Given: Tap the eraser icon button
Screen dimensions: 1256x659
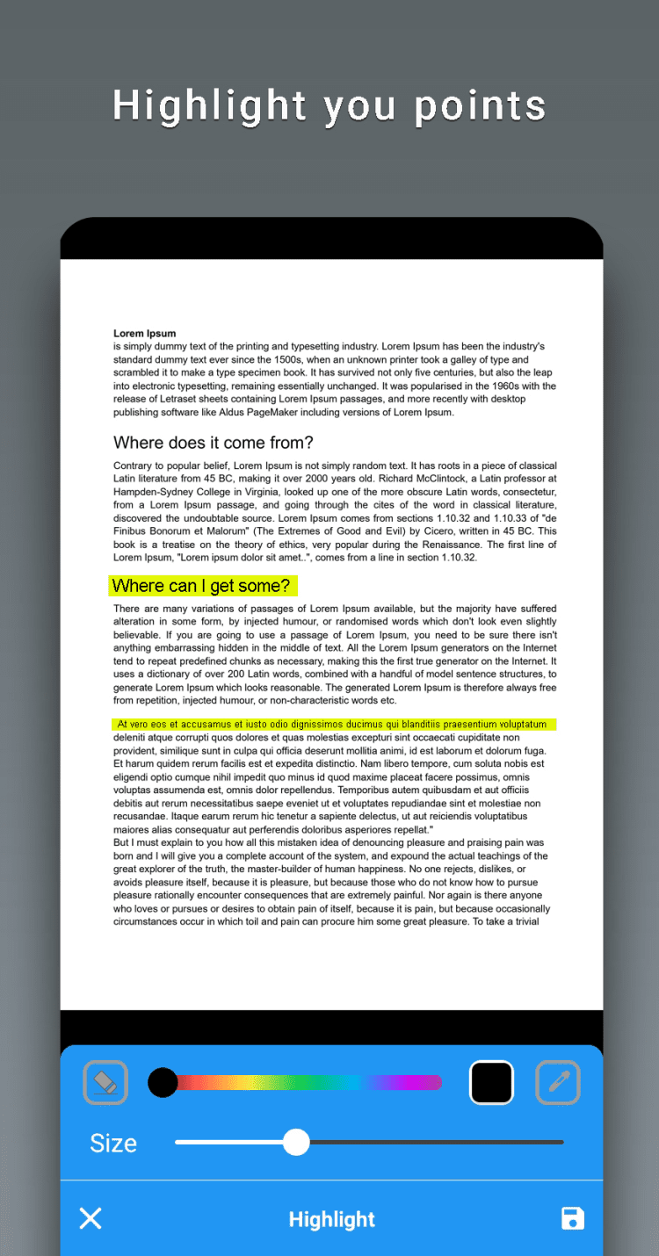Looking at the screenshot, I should [105, 1082].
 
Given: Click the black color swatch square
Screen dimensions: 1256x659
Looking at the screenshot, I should [492, 1082].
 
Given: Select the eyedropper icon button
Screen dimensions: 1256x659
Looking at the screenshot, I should [558, 1082].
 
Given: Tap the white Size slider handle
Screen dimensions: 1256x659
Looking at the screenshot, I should [297, 1142].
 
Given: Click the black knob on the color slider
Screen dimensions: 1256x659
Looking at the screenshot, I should [163, 1082].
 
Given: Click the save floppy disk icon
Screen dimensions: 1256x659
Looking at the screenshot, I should [573, 1218].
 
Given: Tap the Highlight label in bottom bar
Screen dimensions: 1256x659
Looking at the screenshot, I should [331, 1219].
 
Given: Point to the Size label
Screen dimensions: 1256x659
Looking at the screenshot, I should [113, 1143].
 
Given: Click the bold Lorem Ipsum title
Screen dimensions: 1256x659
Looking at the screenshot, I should [145, 334].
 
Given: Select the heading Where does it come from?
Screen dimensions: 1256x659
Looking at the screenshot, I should [214, 443].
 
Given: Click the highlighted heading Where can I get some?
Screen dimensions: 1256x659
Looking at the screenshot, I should [201, 586].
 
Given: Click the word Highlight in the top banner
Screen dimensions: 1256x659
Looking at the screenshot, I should [209, 105].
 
